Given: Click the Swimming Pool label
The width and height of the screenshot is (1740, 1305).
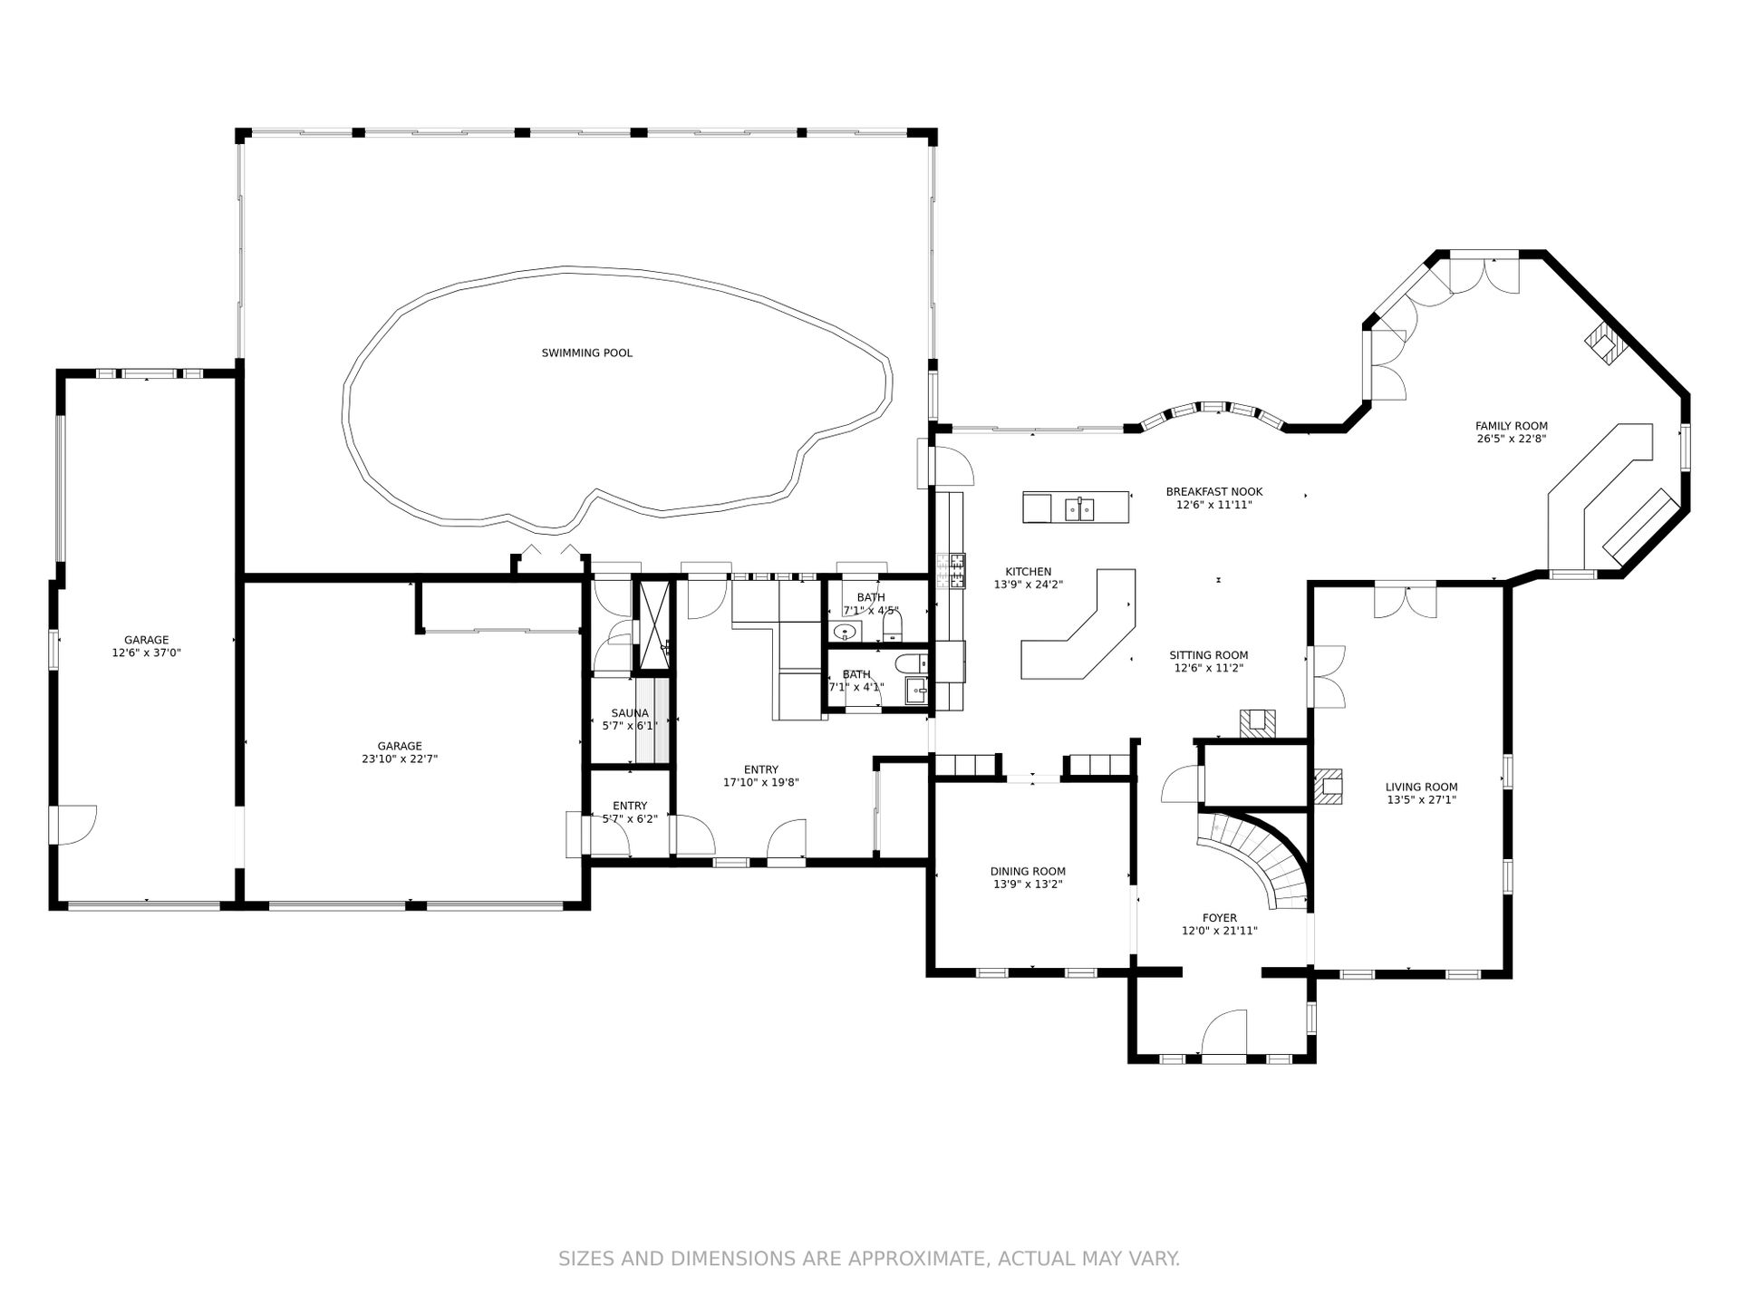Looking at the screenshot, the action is tap(586, 353).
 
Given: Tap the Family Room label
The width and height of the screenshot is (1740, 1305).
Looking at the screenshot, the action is tap(1511, 426).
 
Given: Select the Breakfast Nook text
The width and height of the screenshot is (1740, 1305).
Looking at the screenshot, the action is tap(1213, 492).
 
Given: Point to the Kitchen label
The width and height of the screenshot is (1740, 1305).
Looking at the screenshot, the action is tap(1028, 572).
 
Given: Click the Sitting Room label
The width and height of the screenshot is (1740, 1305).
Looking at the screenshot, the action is tap(1208, 655).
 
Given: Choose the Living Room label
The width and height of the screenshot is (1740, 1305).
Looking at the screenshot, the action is tap(1421, 788).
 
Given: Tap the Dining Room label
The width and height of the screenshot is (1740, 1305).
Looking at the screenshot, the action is tap(1028, 872).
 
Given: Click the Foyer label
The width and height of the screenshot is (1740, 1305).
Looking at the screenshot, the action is tap(1219, 918).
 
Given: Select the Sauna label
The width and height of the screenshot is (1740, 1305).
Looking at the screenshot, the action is tap(629, 713).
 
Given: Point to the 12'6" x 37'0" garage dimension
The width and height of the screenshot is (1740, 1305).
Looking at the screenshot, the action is tap(146, 652).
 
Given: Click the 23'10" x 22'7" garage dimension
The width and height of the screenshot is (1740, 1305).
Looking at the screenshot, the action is tap(400, 759).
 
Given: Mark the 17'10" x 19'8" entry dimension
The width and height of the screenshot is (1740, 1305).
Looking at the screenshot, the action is tap(760, 782).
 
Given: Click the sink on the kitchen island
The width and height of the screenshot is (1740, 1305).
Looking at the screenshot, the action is tap(1078, 509).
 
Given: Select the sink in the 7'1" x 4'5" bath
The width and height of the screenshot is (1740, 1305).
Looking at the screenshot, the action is tap(846, 633).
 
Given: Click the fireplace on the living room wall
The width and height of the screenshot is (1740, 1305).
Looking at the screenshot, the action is tap(1328, 787).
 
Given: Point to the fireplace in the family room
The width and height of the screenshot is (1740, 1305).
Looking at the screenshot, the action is tap(1605, 344).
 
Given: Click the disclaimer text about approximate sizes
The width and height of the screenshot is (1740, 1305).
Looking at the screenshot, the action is tap(869, 1259).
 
